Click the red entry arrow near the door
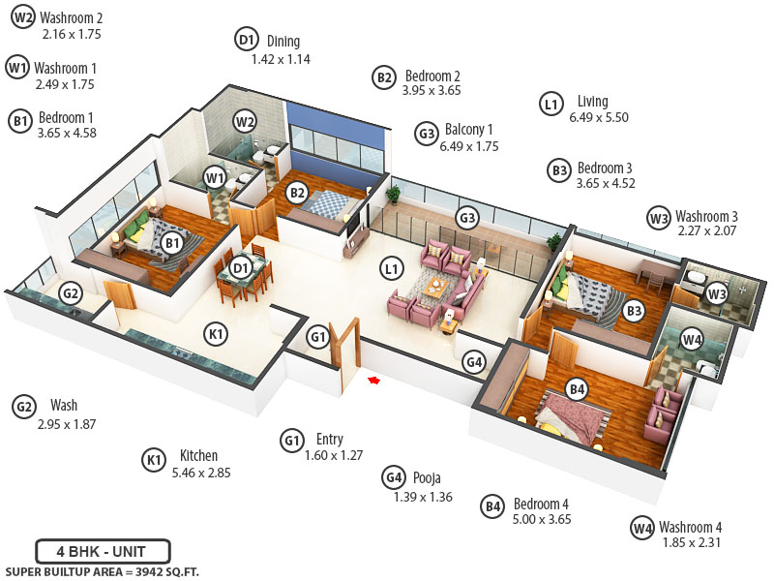pos(372,380)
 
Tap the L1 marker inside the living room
pos(391,269)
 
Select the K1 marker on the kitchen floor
pos(217,334)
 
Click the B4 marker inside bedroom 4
pos(577,389)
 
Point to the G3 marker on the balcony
pos(467,218)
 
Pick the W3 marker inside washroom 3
pos(716,292)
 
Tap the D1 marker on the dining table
pos(242,267)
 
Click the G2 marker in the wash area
pos(71,293)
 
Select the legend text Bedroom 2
pos(432,76)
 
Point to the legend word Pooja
pos(427,478)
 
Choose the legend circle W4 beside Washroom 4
pos(642,528)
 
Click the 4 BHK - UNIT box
pos(103,551)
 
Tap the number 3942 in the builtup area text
pos(139,571)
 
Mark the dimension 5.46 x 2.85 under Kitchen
pos(200,474)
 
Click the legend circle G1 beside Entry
pos(293,440)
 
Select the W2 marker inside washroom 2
pos(246,121)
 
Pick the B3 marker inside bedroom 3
pos(634,311)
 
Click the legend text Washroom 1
pos(65,69)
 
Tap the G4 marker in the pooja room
pos(473,362)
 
